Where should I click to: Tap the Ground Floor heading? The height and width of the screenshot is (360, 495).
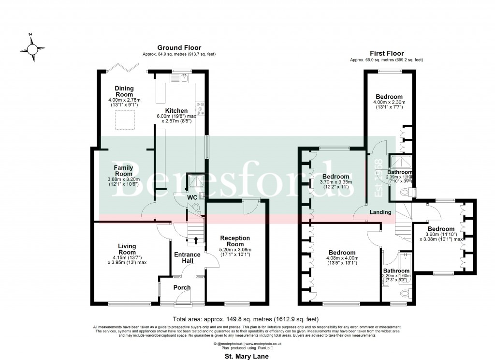click(x=179, y=47)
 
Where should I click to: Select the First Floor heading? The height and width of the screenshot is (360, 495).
click(x=387, y=53)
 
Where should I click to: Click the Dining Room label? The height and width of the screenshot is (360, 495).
click(x=124, y=91)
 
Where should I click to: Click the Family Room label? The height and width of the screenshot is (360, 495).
click(x=123, y=171)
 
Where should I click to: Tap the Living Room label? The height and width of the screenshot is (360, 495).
click(x=127, y=249)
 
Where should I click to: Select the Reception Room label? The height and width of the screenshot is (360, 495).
click(x=235, y=241)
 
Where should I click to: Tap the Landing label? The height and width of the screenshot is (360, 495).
click(x=380, y=212)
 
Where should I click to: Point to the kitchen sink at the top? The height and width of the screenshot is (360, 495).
click(x=185, y=78)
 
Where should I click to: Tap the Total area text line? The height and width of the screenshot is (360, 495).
click(x=247, y=319)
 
